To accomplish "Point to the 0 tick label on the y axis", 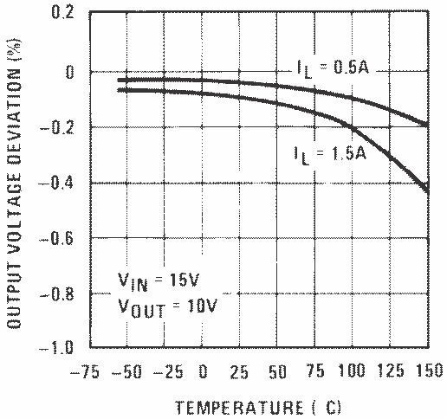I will [68, 72].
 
